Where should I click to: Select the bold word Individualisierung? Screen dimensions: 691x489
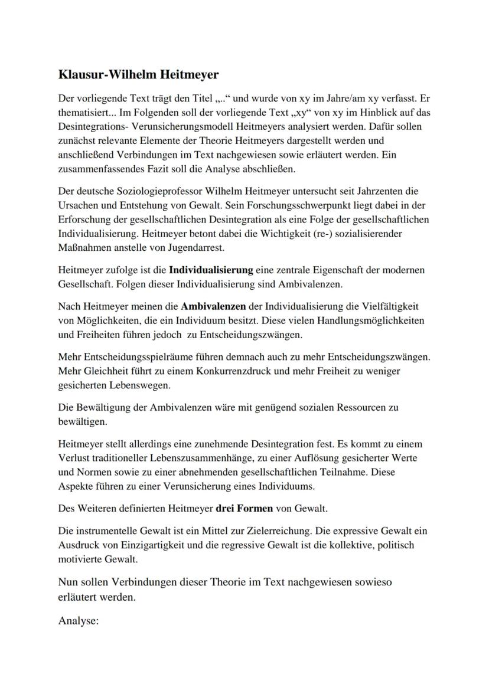pyautogui.click(x=211, y=270)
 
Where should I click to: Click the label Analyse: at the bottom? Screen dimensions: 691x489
pyautogui.click(x=79, y=620)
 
